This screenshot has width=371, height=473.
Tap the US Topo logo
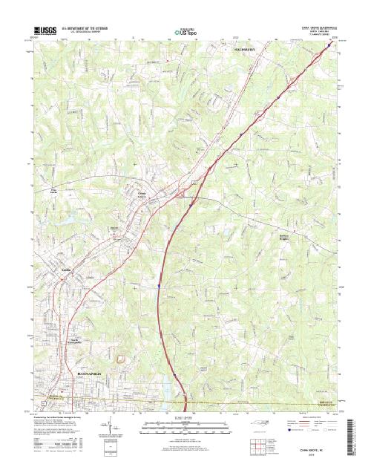[x=185, y=32]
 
